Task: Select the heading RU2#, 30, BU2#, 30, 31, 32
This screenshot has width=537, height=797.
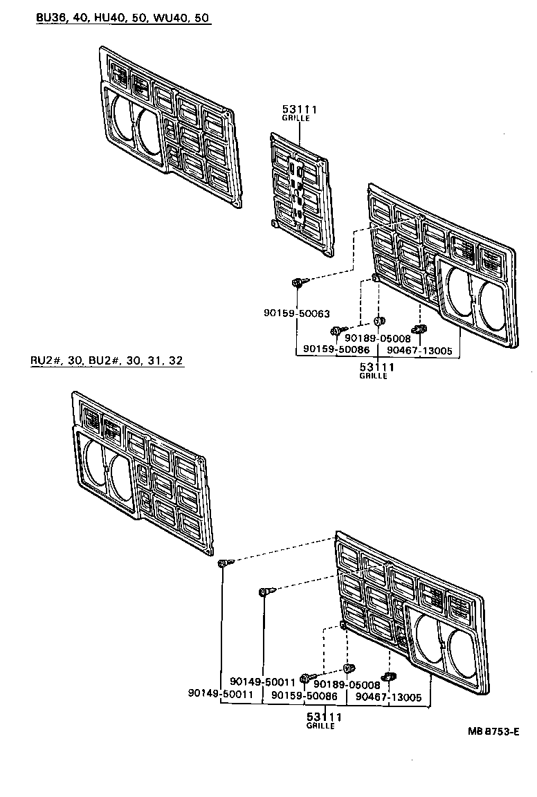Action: click(x=107, y=360)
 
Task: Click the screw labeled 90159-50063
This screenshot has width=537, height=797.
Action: click(x=297, y=282)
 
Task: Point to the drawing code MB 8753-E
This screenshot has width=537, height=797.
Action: click(x=493, y=731)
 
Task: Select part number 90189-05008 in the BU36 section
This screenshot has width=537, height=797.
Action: click(x=378, y=338)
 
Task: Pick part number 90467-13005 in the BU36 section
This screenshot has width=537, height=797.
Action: click(x=419, y=351)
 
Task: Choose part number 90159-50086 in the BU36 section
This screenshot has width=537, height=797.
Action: click(x=335, y=351)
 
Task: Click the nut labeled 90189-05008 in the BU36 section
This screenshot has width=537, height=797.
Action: click(x=379, y=321)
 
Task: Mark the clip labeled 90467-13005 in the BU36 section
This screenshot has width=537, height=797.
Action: click(x=417, y=328)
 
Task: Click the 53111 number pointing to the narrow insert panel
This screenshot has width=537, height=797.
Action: click(x=295, y=109)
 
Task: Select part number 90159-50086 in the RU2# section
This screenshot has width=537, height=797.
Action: click(x=304, y=696)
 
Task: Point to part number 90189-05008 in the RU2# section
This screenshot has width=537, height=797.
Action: click(x=347, y=685)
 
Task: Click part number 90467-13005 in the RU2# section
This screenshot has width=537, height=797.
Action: click(x=388, y=697)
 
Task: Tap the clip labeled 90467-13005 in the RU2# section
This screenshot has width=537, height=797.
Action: click(x=390, y=675)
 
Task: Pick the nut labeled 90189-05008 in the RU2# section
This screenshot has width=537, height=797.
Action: click(x=349, y=668)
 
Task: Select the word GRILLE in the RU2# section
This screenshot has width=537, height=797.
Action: click(x=321, y=726)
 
